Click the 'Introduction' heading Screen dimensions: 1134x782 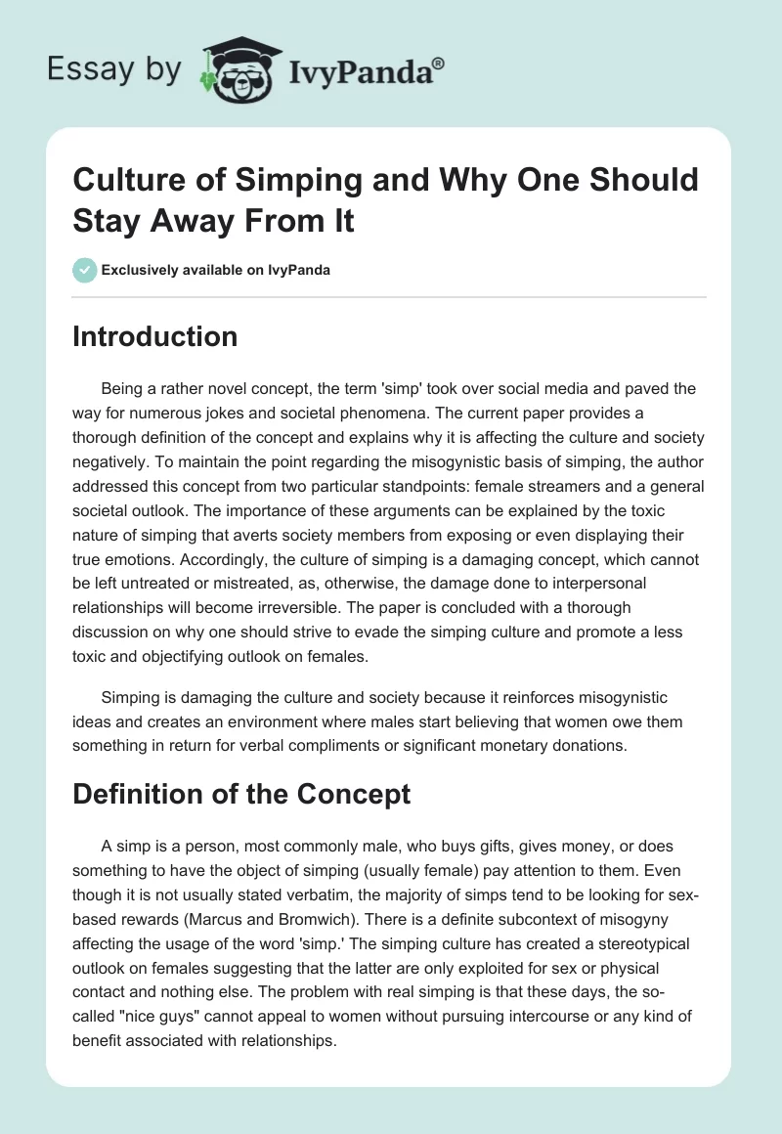coord(154,337)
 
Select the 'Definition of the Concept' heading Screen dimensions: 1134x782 coord(241,794)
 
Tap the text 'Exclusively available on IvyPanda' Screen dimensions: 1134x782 coord(215,270)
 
